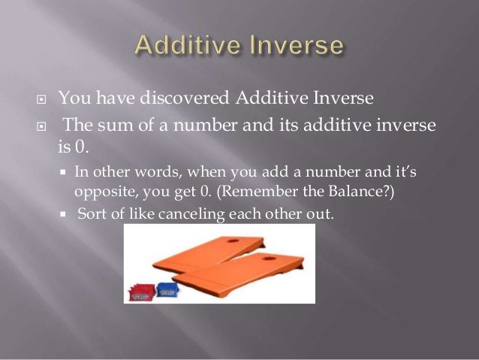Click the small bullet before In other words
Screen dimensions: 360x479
tap(63, 173)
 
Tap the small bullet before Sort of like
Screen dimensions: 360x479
tap(63, 213)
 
